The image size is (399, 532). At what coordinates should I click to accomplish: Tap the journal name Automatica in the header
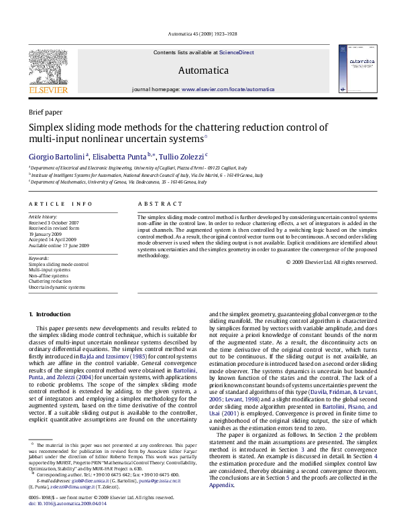pyautogui.click(x=203, y=70)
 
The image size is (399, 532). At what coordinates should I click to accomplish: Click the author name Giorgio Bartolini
pyautogui.click(x=58, y=155)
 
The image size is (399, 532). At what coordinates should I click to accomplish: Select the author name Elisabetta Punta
pyautogui.click(x=122, y=155)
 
